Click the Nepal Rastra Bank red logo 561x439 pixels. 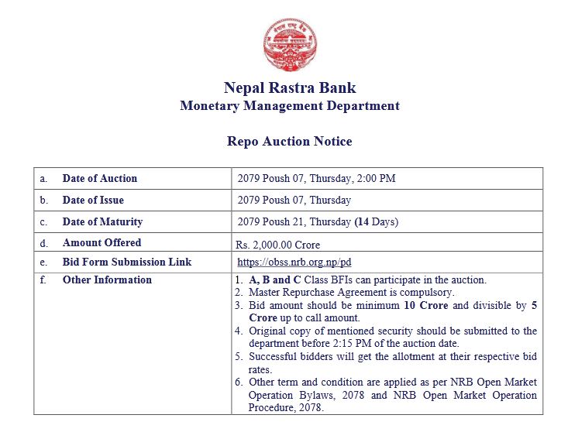[290, 43]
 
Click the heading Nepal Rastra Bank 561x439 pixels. [290, 87]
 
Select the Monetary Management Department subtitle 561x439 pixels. [290, 106]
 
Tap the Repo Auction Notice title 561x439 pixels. [290, 142]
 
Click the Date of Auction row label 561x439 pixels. [100, 178]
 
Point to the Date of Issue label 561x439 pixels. [93, 200]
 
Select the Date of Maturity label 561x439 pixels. [102, 221]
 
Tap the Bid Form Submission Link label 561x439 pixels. [127, 262]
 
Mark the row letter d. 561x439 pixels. [43, 242]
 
